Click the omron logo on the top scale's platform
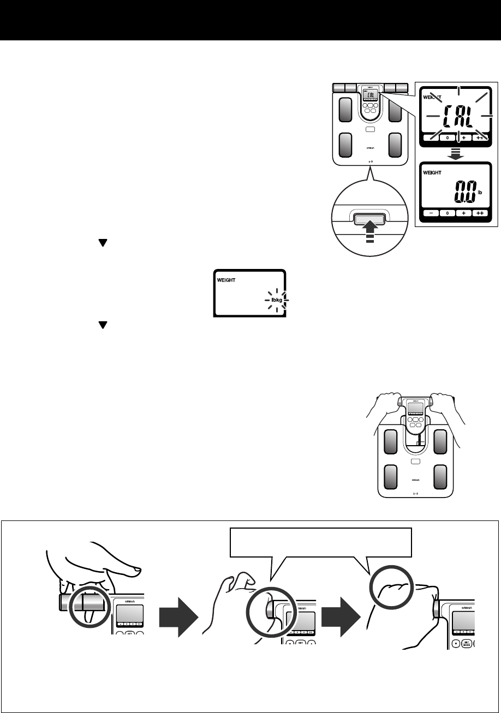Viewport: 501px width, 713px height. tap(370, 148)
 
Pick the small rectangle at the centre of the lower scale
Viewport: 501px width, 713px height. tap(416, 462)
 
